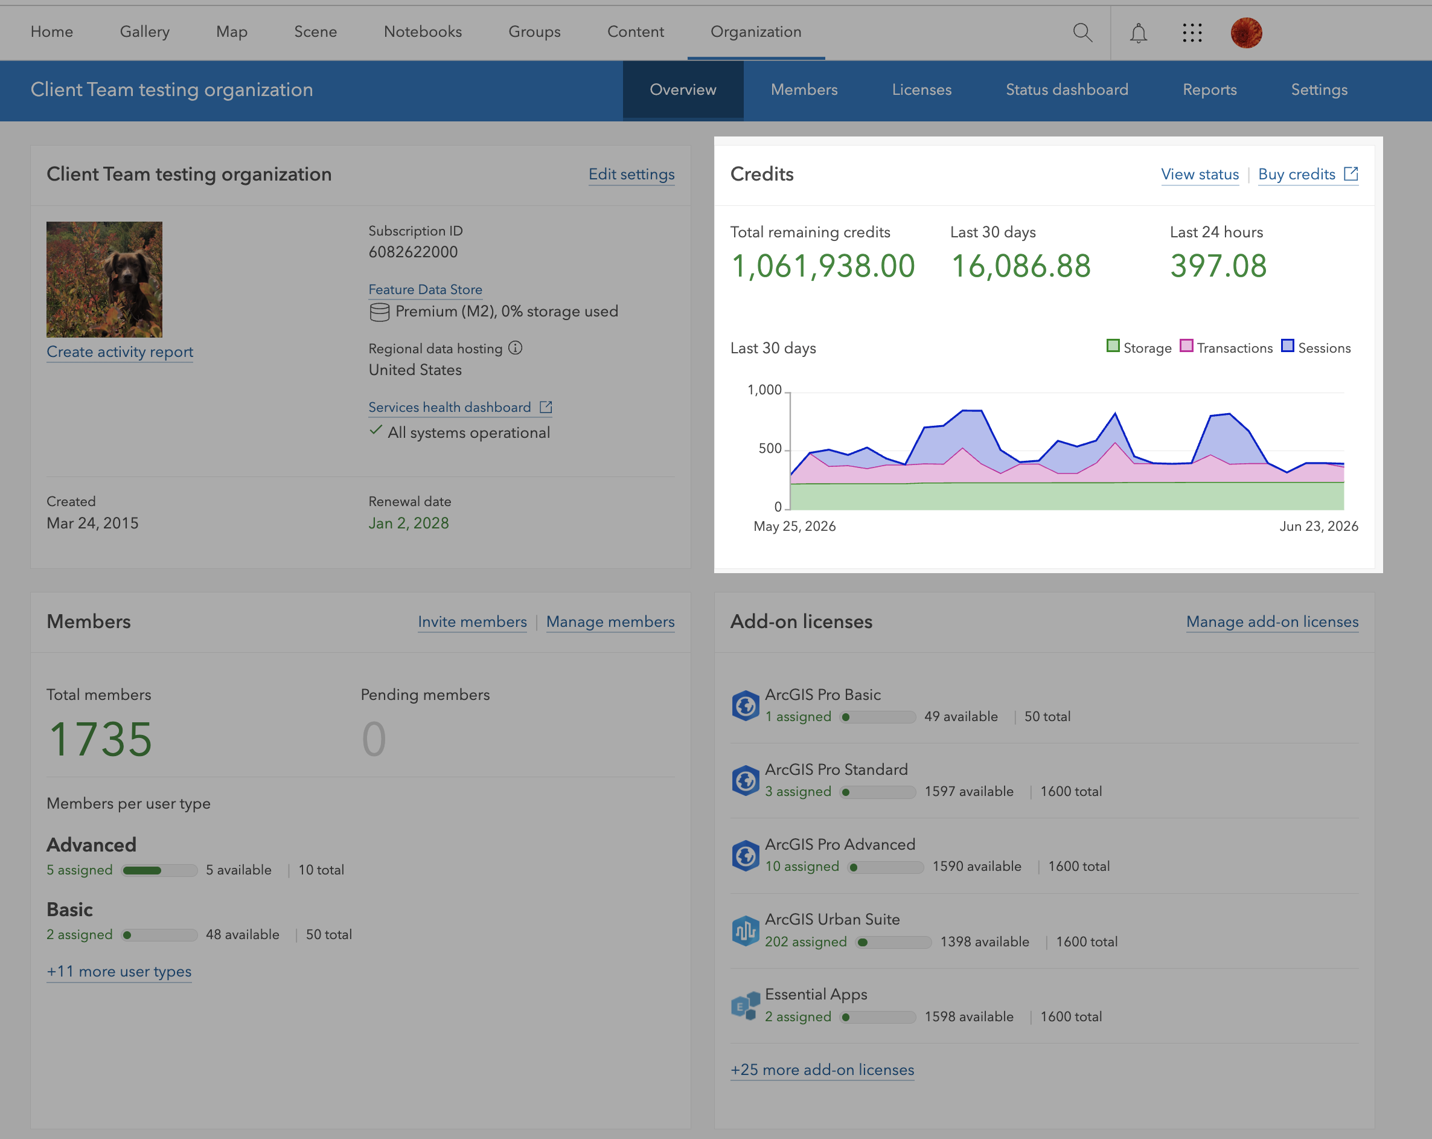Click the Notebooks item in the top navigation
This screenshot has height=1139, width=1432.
423,31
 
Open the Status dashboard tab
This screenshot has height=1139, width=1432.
1067,90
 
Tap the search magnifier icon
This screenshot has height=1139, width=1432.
1082,32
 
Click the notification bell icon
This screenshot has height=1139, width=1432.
1139,33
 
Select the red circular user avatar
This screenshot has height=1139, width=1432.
1246,33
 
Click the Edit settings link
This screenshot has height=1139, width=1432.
631,174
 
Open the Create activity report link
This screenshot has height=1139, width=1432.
120,351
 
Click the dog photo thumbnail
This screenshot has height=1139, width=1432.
104,279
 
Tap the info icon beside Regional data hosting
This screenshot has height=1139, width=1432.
516,347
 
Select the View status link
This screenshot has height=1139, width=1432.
1200,174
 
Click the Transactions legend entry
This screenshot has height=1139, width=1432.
1226,347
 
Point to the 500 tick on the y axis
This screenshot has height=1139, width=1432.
770,449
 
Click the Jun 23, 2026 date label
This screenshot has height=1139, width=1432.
1319,526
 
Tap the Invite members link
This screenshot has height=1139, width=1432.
472,621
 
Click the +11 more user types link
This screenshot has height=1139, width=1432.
119,972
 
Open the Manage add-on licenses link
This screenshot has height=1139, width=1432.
1272,621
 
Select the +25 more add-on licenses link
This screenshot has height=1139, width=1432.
822,1070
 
